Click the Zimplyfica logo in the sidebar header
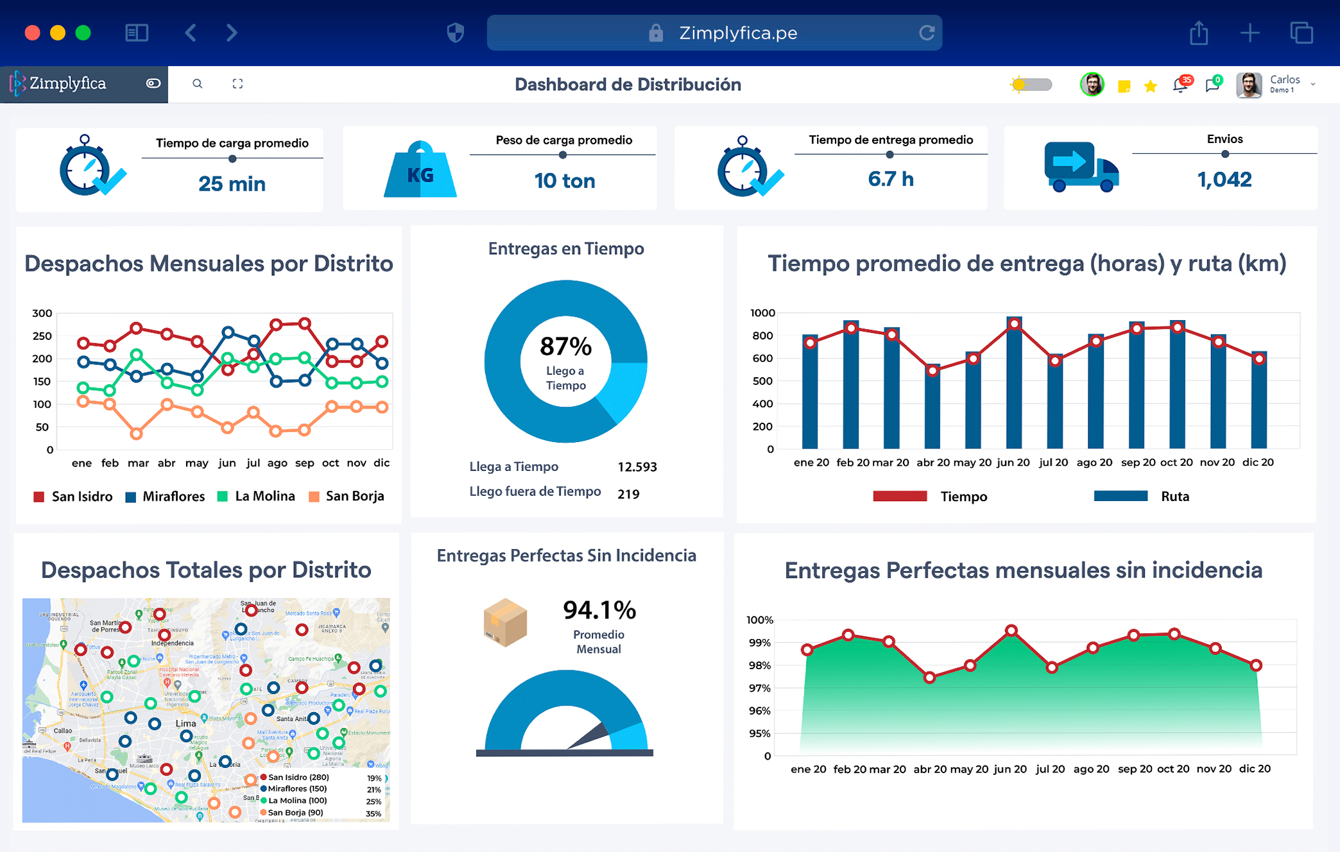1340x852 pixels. pos(59,83)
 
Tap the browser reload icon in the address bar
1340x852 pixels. pos(926,33)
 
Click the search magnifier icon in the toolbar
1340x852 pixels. pos(198,83)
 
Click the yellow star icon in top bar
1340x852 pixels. pos(1151,86)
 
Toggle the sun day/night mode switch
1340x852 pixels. pos(1031,85)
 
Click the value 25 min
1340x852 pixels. pos(232,184)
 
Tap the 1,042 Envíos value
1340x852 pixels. pos(1224,180)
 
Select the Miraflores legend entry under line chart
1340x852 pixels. pos(166,496)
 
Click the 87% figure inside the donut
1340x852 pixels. pos(565,346)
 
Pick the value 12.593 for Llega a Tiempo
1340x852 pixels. pos(637,467)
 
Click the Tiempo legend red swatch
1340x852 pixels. pos(900,496)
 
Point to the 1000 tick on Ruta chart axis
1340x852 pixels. pos(762,313)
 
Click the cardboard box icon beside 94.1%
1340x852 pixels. pos(506,622)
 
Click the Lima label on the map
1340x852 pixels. pos(185,723)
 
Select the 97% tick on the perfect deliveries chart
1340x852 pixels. pos(759,688)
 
